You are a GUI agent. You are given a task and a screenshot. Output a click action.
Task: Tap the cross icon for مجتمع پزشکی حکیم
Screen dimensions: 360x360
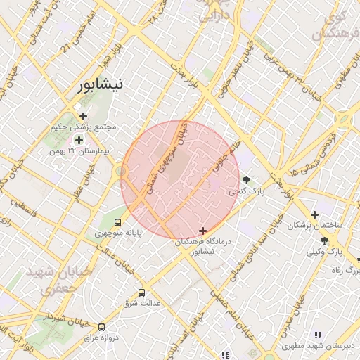pyautogui.click(x=84, y=116)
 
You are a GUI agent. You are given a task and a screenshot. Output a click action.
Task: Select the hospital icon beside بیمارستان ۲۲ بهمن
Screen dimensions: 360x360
pyautogui.click(x=79, y=140)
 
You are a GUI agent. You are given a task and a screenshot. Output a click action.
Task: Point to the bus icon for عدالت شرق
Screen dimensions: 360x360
pyautogui.click(x=142, y=292)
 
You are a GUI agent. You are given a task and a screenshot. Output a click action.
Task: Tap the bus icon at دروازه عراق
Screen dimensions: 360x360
pyautogui.click(x=102, y=327)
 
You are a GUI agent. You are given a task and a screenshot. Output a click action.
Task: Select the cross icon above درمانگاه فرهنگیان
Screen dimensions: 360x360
pyautogui.click(x=203, y=231)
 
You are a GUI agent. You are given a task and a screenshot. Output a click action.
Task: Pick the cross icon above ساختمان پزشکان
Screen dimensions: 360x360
pyautogui.click(x=314, y=214)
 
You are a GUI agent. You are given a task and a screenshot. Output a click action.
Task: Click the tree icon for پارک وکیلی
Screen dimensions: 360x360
pyautogui.click(x=324, y=240)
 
